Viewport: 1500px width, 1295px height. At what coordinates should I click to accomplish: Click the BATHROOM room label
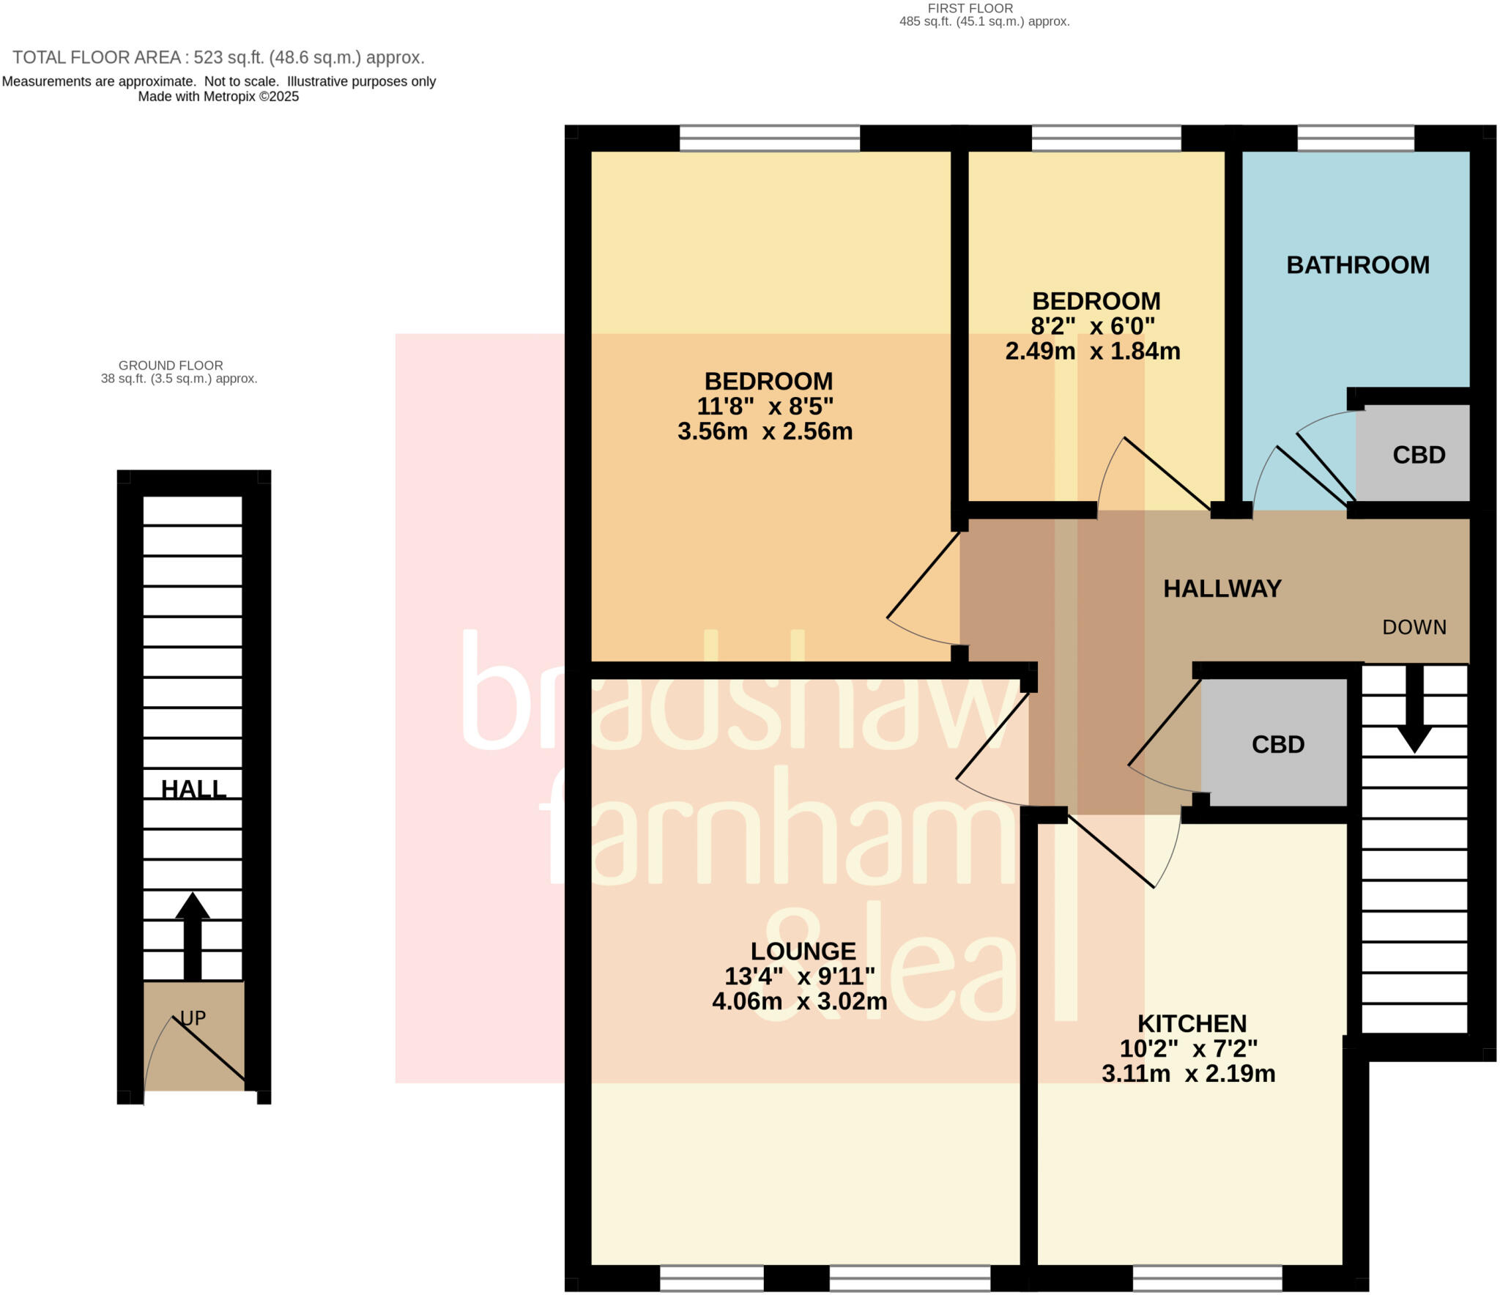point(1357,265)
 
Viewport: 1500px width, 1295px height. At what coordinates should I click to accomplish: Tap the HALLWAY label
point(1222,589)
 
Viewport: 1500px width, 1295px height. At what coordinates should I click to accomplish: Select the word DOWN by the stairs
point(1414,628)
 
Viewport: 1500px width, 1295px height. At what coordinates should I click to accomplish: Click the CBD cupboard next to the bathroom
point(1418,456)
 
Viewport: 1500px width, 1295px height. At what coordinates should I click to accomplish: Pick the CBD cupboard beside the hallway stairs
point(1277,745)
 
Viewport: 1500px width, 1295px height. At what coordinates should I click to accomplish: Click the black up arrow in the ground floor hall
point(192,934)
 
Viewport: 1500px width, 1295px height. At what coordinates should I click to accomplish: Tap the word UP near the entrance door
point(193,1018)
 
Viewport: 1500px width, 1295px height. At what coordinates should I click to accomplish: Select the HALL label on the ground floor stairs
point(193,790)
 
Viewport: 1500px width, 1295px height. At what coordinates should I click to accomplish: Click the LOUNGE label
point(803,951)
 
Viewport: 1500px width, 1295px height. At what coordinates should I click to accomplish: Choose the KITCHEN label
point(1192,1024)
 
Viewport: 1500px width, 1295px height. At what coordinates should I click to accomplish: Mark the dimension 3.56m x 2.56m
point(765,431)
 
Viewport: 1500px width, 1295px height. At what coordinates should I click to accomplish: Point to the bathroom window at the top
point(1355,138)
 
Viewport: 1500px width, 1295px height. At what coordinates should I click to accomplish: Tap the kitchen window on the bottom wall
point(1207,1279)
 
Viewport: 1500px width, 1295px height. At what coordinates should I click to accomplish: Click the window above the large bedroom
point(769,138)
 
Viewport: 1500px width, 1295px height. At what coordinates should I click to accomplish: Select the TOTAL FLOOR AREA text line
point(218,58)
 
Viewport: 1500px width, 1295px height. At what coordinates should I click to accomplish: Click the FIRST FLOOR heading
point(970,9)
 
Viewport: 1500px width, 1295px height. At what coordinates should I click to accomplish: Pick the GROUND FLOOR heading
point(171,366)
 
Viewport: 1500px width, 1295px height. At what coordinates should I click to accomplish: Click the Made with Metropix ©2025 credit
point(218,97)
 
